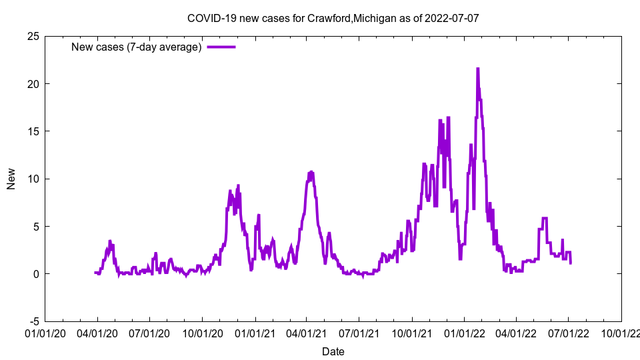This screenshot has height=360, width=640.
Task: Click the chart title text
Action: point(333,18)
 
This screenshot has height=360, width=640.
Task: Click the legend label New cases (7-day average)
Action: point(136,47)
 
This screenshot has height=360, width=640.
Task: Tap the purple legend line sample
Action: point(221,47)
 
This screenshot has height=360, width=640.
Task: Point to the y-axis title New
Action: point(11,179)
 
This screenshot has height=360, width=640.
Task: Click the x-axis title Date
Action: point(333,351)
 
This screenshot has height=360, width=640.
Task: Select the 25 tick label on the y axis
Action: point(32,36)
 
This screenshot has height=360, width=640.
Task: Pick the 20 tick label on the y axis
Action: point(32,83)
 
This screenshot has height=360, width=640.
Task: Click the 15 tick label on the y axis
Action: point(32,131)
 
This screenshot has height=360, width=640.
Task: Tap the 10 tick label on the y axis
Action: point(32,179)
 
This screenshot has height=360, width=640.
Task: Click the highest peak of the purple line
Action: point(477,69)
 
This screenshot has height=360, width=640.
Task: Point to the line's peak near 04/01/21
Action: point(311,172)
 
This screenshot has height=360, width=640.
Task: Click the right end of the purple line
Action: point(571,263)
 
